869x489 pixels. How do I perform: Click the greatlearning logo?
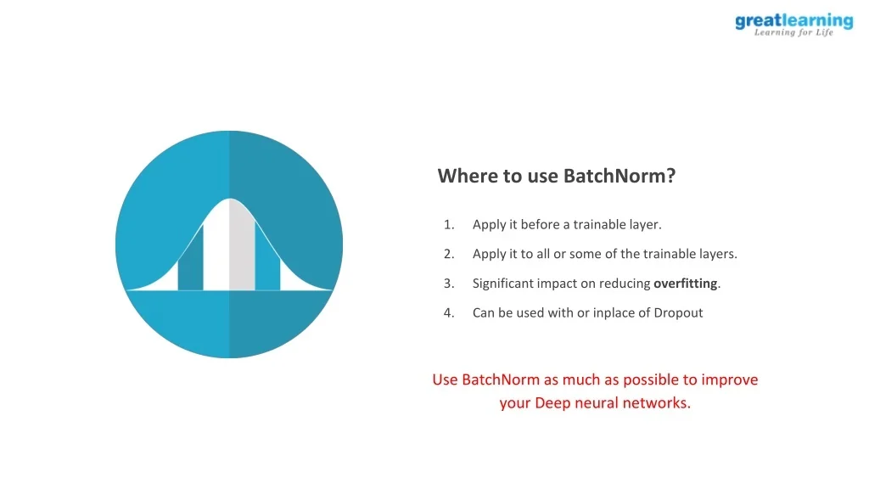[793, 25]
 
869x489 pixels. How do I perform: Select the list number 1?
[449, 224]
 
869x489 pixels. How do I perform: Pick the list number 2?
[449, 254]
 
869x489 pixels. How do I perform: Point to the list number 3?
[449, 284]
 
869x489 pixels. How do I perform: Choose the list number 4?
[449, 312]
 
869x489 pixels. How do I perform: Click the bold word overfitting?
[686, 284]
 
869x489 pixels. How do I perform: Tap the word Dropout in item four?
[678, 312]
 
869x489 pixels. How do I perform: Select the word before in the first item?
[541, 224]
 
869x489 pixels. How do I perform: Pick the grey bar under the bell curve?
[242, 245]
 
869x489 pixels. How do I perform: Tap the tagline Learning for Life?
[793, 33]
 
